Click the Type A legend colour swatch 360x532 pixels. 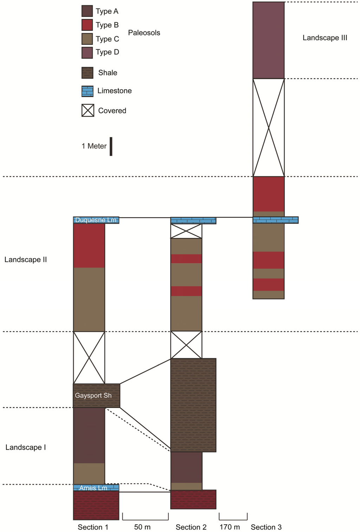pyautogui.click(x=87, y=11)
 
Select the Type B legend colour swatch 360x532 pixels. pyautogui.click(x=87, y=25)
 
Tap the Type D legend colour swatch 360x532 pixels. pyautogui.click(x=87, y=52)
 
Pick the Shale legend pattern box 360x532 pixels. pyautogui.click(x=88, y=73)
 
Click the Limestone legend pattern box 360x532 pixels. pyautogui.click(x=88, y=91)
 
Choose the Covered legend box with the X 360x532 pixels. pyautogui.click(x=88, y=110)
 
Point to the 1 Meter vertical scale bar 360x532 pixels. pyautogui.click(x=111, y=146)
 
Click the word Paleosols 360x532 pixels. pyautogui.click(x=144, y=33)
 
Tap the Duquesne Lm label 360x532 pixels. pyautogui.click(x=96, y=220)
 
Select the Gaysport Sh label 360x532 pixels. pyautogui.click(x=93, y=395)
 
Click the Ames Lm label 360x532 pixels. pyautogui.click(x=93, y=488)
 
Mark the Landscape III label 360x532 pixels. pyautogui.click(x=324, y=38)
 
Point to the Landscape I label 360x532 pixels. pyautogui.click(x=26, y=447)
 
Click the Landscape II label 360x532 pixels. pyautogui.click(x=26, y=260)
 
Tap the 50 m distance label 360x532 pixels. pyautogui.click(x=142, y=527)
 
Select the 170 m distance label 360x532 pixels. pyautogui.click(x=230, y=527)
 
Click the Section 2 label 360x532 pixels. pyautogui.click(x=191, y=527)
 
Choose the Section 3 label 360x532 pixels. pyautogui.click(x=266, y=527)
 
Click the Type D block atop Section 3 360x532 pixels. pyautogui.click(x=268, y=40)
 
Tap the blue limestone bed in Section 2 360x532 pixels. pyautogui.click(x=193, y=220)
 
